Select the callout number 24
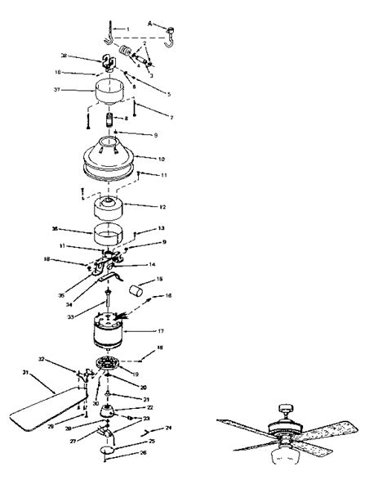point(169,428)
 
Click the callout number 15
point(160,279)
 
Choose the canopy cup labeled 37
point(112,92)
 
